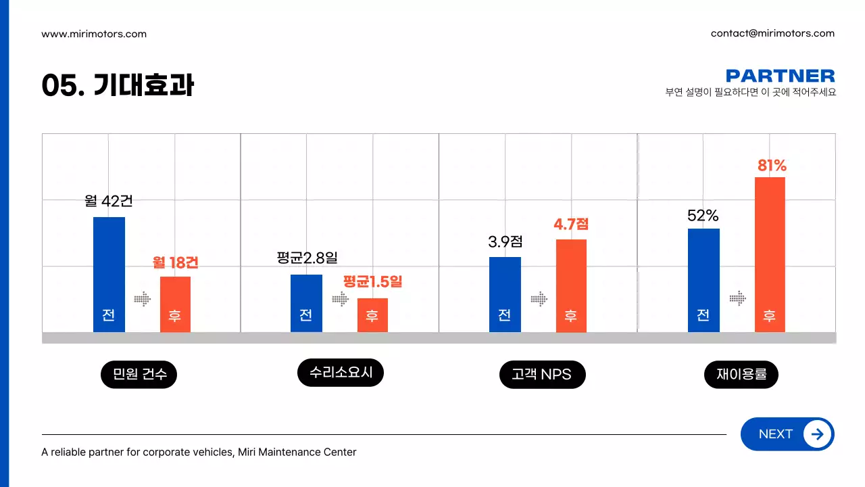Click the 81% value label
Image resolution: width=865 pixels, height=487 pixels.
click(x=772, y=166)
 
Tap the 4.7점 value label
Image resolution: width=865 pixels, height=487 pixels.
click(x=571, y=224)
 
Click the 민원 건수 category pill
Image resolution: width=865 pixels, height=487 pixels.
click(x=139, y=374)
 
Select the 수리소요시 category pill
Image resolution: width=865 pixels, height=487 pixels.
click(x=341, y=373)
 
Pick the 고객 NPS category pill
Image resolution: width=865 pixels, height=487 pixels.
click(x=542, y=374)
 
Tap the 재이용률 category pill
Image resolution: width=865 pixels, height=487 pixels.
click(x=741, y=374)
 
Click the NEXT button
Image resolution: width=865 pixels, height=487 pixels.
click(x=787, y=434)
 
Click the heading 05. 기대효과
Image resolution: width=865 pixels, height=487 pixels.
click(x=118, y=86)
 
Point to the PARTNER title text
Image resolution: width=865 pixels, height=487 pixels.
click(x=780, y=76)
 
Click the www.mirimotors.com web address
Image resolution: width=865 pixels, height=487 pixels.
click(x=94, y=34)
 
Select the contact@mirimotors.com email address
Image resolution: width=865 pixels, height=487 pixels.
click(x=772, y=33)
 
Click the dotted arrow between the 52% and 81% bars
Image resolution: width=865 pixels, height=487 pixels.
click(x=737, y=298)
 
